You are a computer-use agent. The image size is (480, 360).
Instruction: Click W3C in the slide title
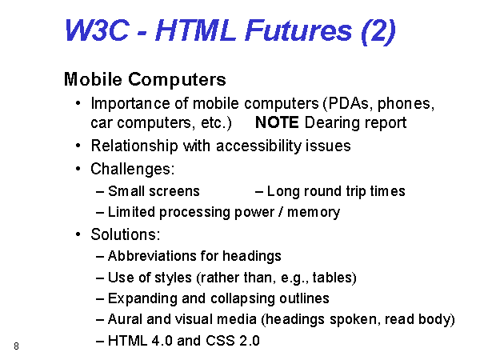click(97, 30)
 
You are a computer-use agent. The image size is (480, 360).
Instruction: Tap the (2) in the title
click(378, 31)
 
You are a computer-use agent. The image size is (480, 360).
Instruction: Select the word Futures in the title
click(298, 30)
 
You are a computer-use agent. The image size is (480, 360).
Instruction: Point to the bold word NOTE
click(277, 122)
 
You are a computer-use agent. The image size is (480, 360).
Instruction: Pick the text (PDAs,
click(348, 104)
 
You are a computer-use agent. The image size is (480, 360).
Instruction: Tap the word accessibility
click(259, 146)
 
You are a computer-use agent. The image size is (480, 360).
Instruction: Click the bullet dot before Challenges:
click(78, 169)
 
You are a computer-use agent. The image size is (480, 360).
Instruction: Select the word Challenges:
click(133, 170)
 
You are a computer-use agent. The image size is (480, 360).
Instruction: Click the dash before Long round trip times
click(259, 192)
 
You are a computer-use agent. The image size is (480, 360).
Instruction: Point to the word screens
click(174, 192)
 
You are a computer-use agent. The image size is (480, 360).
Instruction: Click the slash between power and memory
click(281, 212)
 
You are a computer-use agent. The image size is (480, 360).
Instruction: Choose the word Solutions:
click(126, 234)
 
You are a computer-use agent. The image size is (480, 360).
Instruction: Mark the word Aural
click(125, 319)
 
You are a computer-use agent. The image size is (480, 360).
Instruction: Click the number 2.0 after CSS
click(250, 341)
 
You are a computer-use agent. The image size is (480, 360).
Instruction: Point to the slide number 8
click(16, 346)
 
